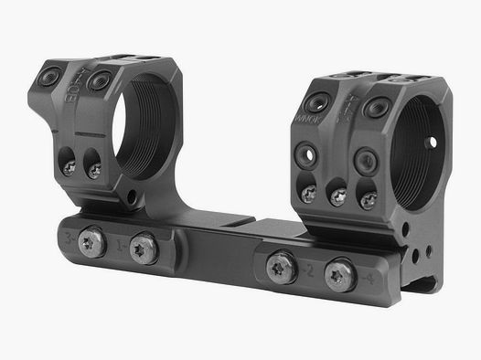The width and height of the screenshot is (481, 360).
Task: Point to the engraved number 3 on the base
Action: [x=72, y=238]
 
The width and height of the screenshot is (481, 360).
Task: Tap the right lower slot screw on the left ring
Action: [x=93, y=167]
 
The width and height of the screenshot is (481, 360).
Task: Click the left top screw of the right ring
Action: [x=322, y=103]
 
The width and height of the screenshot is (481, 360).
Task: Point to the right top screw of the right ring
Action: [x=373, y=108]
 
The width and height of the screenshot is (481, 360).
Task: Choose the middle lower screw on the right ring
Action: [x=338, y=196]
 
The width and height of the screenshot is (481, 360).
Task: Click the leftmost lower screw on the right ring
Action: [x=309, y=191]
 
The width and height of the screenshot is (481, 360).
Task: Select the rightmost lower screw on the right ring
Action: [x=368, y=200]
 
